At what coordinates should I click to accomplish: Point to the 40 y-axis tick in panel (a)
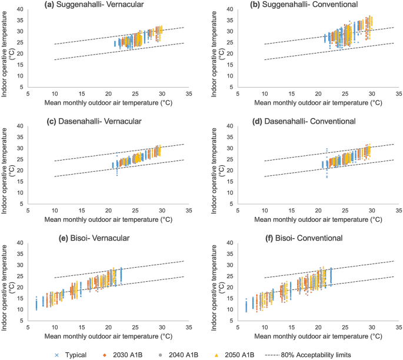pos(21,9)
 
